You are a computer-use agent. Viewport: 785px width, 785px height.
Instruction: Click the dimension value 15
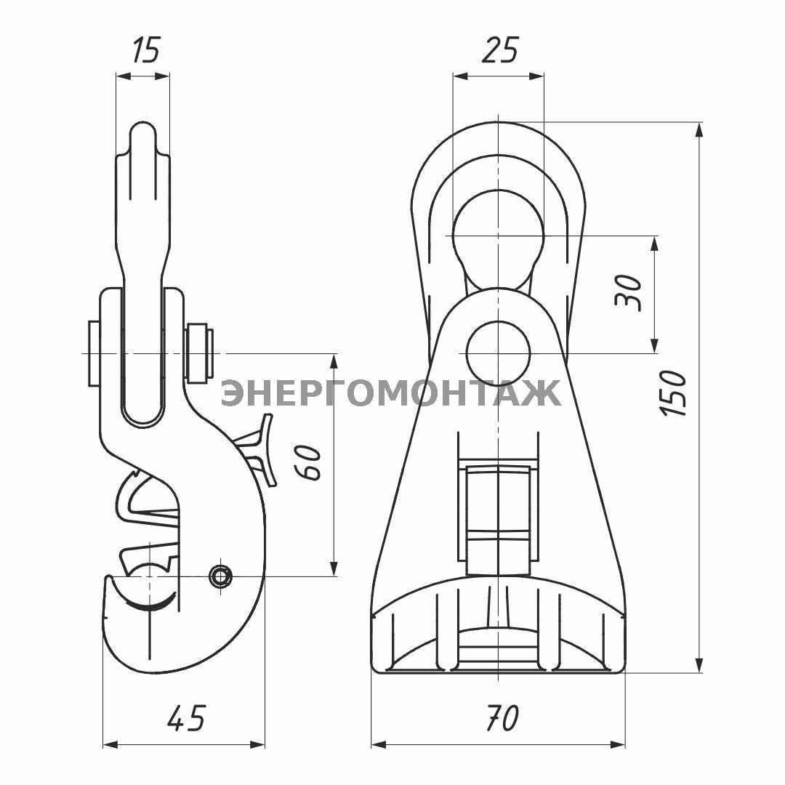145,51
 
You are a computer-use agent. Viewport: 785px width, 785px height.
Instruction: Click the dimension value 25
499,51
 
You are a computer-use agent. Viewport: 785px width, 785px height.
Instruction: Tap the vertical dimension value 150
672,393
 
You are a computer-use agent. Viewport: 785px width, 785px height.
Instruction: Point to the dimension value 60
307,462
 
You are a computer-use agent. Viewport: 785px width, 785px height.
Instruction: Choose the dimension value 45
186,719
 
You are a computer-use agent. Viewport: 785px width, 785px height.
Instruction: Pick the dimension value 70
502,719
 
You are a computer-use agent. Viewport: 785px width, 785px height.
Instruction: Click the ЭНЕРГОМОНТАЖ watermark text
390,392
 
